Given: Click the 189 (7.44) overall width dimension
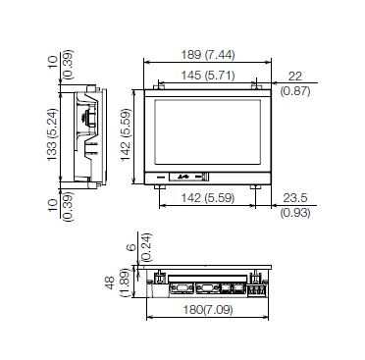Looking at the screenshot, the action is pyautogui.click(x=208, y=55).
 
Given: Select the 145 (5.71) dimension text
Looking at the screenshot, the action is pyautogui.click(x=208, y=76).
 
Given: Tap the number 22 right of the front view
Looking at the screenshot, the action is pyautogui.click(x=295, y=77).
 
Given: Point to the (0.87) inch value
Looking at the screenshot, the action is pyautogui.click(x=295, y=90).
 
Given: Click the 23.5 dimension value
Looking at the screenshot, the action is pyautogui.click(x=295, y=198).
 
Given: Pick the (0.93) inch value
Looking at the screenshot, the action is pyautogui.click(x=295, y=213).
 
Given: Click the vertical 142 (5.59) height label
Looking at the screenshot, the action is pyautogui.click(x=126, y=134).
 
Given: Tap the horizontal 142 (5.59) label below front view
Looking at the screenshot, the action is pyautogui.click(x=208, y=197).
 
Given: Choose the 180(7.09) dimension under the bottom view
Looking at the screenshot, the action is pyautogui.click(x=208, y=309).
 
